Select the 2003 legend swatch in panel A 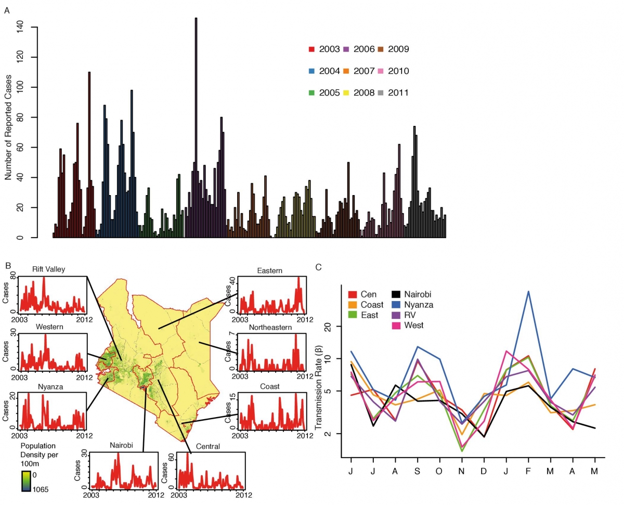point(311,49)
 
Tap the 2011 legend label point(398,93)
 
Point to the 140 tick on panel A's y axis point(20,27)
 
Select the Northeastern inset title point(269,328)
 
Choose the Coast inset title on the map point(270,386)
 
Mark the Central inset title point(208,446)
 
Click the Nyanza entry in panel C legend point(420,305)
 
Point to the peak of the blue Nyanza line point(529,291)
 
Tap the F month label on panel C point(529,471)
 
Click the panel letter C point(319,267)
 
